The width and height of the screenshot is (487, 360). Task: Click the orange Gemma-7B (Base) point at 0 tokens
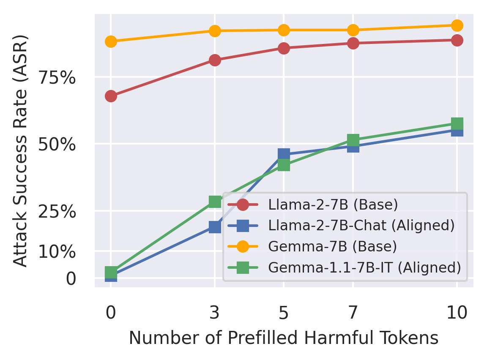111,41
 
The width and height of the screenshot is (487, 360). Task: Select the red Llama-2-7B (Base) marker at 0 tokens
111,96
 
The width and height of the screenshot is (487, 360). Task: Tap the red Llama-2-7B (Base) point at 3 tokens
215,60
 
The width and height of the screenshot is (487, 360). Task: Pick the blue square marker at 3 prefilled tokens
215,227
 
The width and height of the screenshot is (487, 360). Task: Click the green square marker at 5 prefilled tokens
284,165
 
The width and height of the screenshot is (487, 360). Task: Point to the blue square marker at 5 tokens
284,154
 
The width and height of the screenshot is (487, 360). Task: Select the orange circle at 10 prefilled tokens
457,26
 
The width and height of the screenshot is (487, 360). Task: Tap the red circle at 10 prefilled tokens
457,41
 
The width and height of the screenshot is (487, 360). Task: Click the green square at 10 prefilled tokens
457,124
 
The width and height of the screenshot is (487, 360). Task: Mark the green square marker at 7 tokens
353,140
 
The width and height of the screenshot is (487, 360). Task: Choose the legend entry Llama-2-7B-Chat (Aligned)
361,226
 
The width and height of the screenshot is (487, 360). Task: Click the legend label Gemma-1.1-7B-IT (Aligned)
364,267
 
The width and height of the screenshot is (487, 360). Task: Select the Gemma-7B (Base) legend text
332,247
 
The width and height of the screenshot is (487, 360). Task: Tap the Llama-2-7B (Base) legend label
333,205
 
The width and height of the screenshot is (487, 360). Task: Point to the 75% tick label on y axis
57,78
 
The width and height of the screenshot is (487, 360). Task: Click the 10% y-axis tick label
57,252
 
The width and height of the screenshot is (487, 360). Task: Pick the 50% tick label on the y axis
57,145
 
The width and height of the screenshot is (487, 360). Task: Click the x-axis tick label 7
353,313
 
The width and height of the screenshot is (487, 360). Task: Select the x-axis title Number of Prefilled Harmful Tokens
283,338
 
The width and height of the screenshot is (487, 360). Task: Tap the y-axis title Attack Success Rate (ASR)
20,150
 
